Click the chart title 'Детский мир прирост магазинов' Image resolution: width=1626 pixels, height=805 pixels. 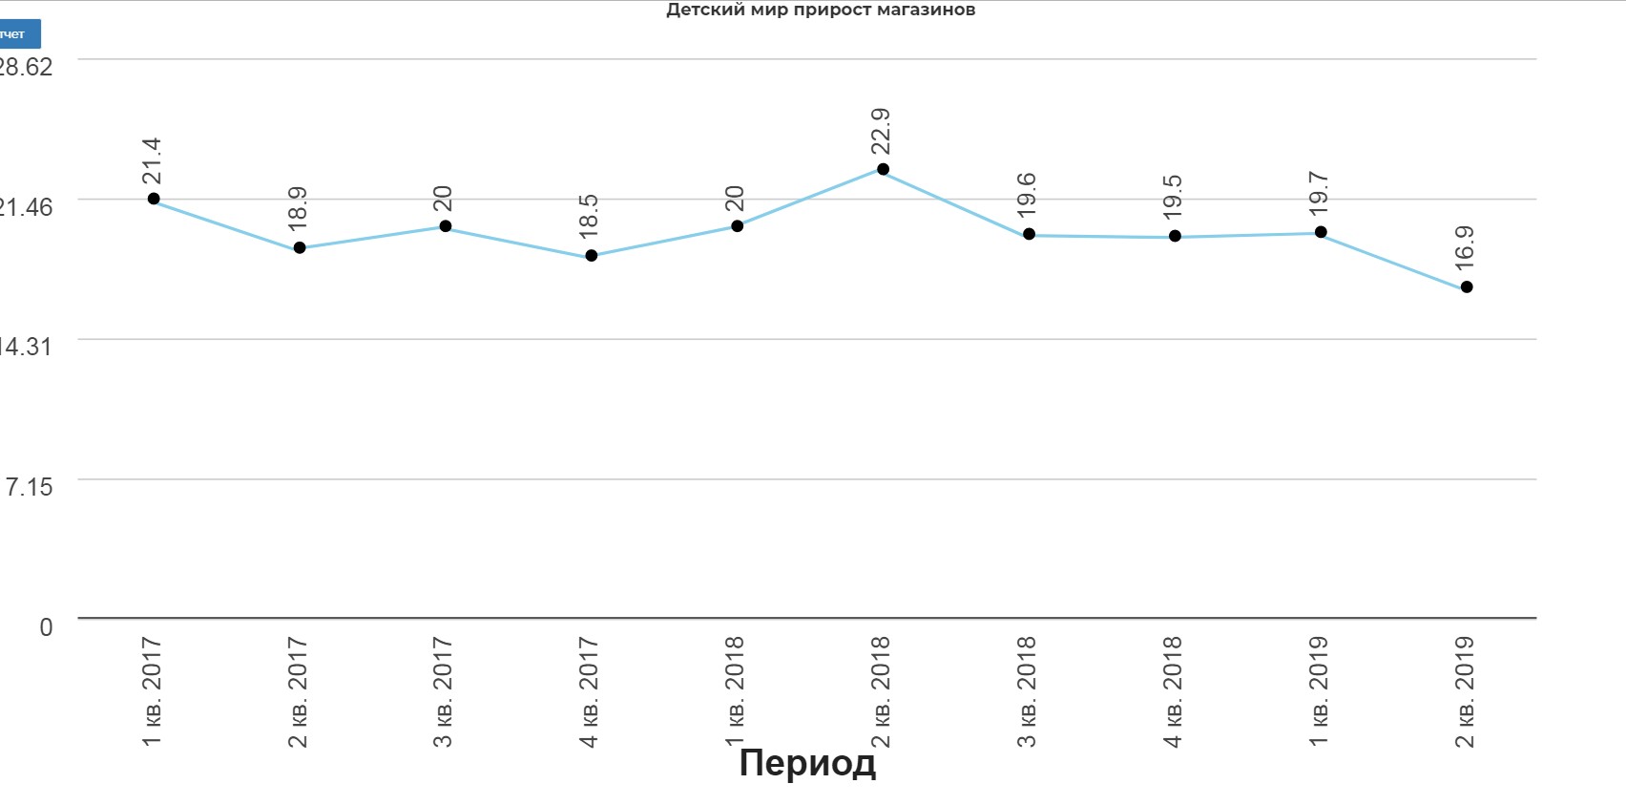point(820,11)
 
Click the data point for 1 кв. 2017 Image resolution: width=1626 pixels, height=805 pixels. point(154,199)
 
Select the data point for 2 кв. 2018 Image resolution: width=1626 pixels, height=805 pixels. point(883,169)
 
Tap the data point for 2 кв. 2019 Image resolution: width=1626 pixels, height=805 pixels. point(1467,287)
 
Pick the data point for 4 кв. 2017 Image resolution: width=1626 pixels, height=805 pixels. point(592,256)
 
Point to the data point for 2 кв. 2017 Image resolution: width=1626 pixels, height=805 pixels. point(300,248)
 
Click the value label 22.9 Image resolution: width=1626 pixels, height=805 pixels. point(881,131)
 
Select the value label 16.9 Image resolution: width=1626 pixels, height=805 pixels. point(1465,248)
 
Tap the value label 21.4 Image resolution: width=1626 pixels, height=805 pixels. point(152,160)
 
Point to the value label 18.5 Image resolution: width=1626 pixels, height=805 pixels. point(589,217)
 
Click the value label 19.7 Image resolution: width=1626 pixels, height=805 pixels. point(1319,194)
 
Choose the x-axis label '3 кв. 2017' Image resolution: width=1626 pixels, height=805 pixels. point(443,692)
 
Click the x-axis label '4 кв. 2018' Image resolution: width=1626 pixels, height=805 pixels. point(1173,692)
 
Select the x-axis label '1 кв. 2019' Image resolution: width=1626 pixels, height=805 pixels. point(1319,692)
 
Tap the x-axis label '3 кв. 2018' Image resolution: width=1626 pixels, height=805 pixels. point(1027,692)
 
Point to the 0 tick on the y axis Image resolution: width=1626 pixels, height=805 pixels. point(46,627)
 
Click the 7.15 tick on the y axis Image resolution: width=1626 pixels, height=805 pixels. point(29,487)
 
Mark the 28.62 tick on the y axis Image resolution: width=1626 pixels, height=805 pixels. point(26,67)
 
